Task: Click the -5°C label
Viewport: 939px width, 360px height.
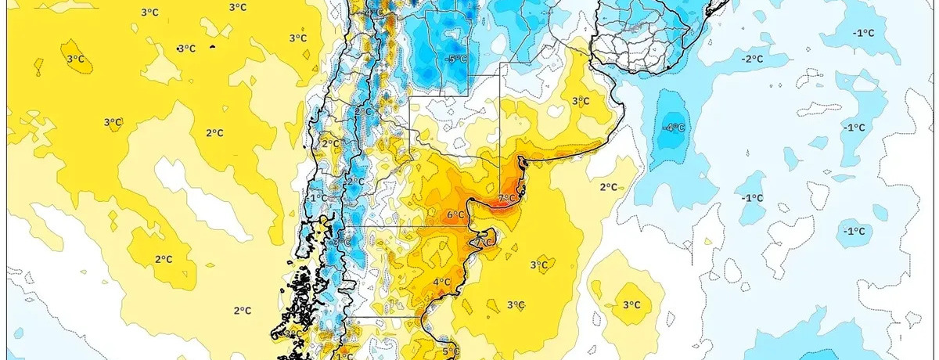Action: click(x=456, y=59)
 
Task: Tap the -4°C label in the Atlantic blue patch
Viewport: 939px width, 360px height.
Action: click(x=674, y=127)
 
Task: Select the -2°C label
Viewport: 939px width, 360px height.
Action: click(x=753, y=59)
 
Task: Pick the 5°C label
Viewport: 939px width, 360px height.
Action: click(x=450, y=351)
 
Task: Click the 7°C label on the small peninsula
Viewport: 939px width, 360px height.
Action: click(x=486, y=242)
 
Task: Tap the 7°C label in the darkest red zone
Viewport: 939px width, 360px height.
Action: click(x=507, y=198)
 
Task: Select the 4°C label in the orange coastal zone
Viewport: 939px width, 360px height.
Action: click(x=441, y=283)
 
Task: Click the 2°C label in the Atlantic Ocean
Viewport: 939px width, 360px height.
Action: click(x=609, y=186)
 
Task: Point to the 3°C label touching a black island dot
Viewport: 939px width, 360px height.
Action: click(x=186, y=49)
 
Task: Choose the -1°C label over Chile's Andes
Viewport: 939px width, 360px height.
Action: click(x=318, y=199)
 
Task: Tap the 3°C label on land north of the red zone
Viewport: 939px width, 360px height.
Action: click(x=580, y=101)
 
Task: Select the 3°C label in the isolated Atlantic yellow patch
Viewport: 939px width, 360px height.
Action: click(x=631, y=305)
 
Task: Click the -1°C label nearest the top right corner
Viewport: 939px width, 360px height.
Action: click(x=863, y=32)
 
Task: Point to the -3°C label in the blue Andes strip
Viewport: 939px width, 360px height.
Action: click(x=337, y=243)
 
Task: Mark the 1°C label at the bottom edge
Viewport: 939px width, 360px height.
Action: click(x=344, y=356)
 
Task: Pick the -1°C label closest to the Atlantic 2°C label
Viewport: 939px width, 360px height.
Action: click(x=751, y=198)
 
